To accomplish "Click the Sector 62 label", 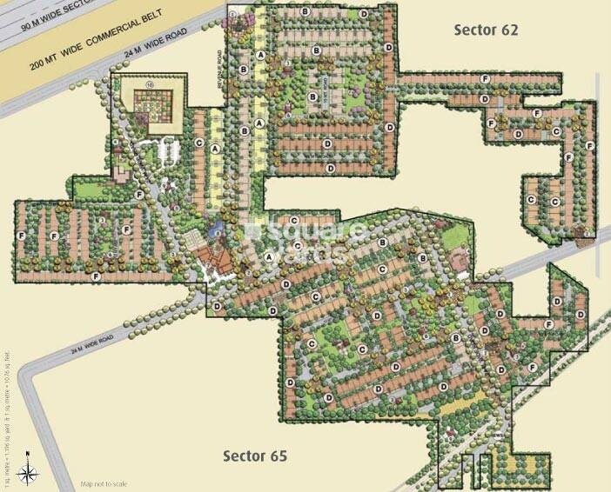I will tap(486, 30).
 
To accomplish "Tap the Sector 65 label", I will tap(254, 455).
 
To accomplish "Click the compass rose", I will tap(29, 470).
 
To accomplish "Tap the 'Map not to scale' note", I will tap(104, 483).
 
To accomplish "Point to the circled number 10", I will tap(149, 85).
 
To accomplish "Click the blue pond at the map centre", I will tap(217, 230).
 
